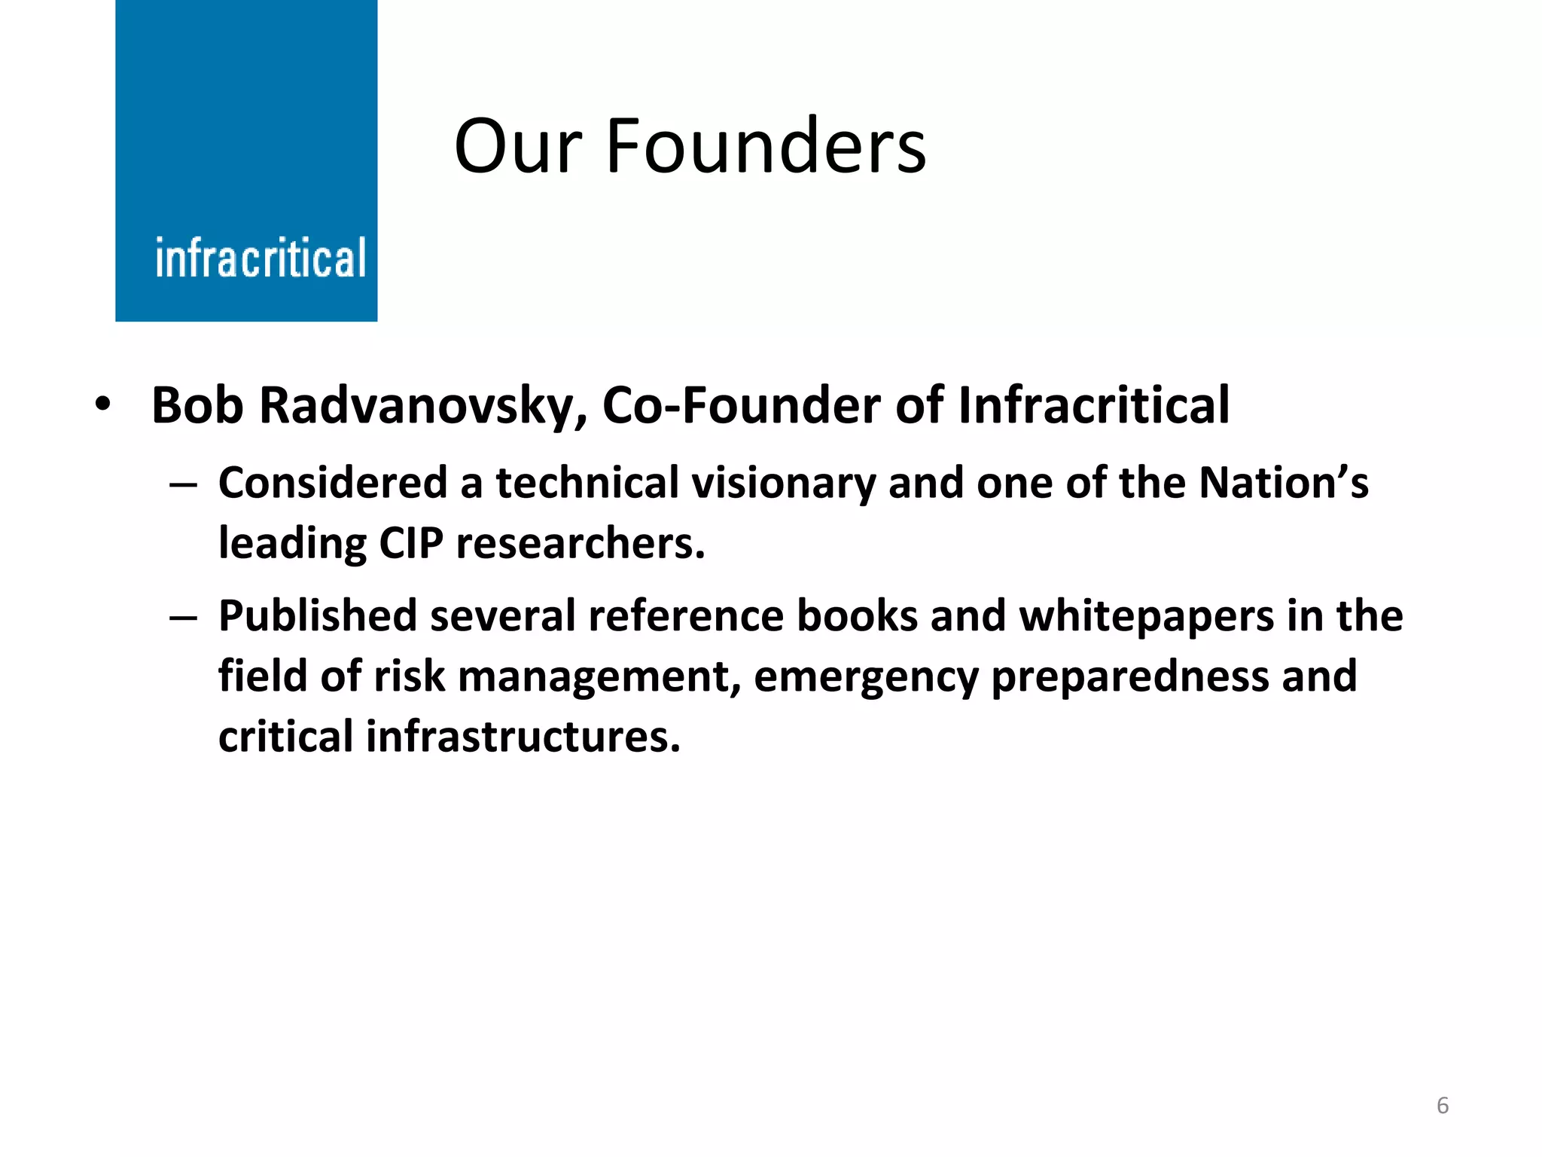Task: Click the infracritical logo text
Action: [x=261, y=258]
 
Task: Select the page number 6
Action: [x=1442, y=1105]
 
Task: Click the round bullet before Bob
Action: [x=103, y=405]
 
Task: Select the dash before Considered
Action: [x=183, y=484]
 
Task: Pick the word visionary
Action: [x=783, y=484]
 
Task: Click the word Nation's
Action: [x=1283, y=483]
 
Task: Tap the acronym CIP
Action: [x=410, y=543]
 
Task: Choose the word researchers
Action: [x=581, y=543]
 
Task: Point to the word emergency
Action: [x=865, y=677]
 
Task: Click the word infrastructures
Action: [x=523, y=737]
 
